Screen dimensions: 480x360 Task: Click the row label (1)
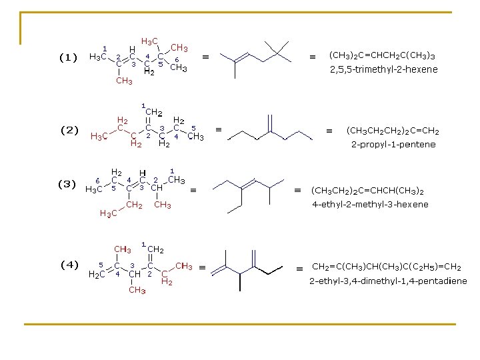pyautogui.click(x=69, y=57)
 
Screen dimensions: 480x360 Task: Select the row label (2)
pyautogui.click(x=69, y=130)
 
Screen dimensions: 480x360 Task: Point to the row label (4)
pyautogui.click(x=69, y=264)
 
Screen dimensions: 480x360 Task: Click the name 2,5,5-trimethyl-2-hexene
pyautogui.click(x=384, y=69)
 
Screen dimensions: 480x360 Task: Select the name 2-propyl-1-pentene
pyautogui.click(x=393, y=144)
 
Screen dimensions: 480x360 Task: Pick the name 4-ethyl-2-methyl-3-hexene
pyautogui.click(x=371, y=204)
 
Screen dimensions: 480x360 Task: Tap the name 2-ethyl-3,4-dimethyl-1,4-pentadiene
pyautogui.click(x=388, y=281)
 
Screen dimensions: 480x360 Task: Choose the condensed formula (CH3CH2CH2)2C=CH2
pyautogui.click(x=393, y=130)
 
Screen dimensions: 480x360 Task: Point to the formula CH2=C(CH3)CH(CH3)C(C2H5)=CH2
pyautogui.click(x=387, y=266)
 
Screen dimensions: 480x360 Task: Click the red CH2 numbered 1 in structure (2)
pyautogui.click(x=155, y=113)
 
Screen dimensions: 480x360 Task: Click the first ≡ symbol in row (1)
pyautogui.click(x=206, y=58)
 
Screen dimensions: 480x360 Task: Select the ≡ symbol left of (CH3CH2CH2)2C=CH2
pyautogui.click(x=328, y=131)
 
